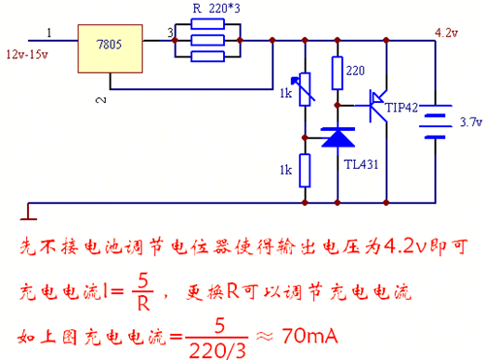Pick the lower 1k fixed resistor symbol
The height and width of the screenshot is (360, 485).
[305, 170]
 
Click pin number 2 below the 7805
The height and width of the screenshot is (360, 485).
[99, 99]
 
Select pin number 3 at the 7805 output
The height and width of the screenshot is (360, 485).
[171, 35]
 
